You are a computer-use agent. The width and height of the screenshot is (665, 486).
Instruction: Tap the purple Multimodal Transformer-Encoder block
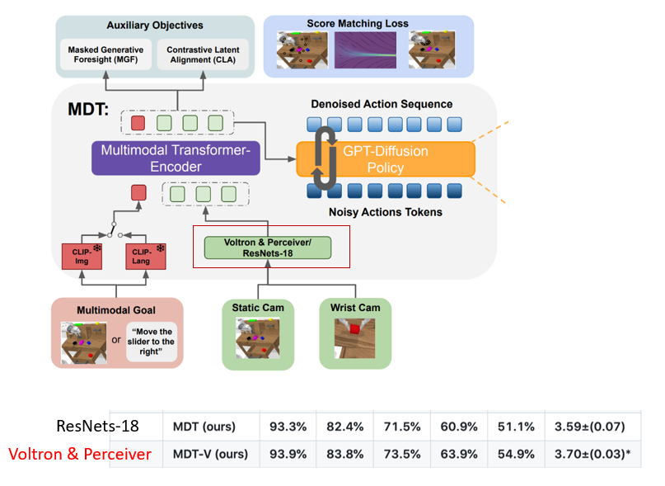176,158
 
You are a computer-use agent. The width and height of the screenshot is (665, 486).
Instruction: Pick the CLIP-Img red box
82,257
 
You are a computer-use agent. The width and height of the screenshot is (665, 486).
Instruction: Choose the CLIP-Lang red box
146,257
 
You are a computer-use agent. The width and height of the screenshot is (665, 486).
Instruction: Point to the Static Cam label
258,308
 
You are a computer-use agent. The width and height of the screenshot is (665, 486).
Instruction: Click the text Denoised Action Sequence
382,105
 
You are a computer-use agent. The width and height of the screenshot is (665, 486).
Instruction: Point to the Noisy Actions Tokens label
382,212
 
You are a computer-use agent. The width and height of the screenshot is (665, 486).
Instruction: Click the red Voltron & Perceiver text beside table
80,453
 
